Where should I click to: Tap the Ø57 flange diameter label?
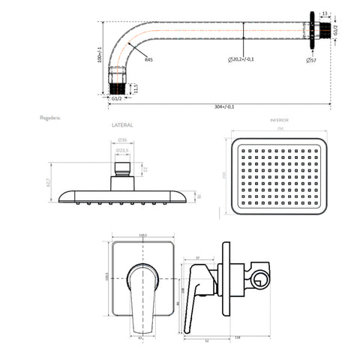tap(310, 59)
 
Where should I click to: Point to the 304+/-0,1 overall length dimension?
tap(224, 106)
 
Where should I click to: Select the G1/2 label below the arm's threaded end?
tap(117, 98)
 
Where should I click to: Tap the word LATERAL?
tap(121, 125)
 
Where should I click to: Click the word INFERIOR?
tap(279, 120)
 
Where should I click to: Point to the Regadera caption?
tap(52, 118)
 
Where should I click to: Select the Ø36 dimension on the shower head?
tap(122, 140)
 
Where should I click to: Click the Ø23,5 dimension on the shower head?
tap(122, 150)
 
